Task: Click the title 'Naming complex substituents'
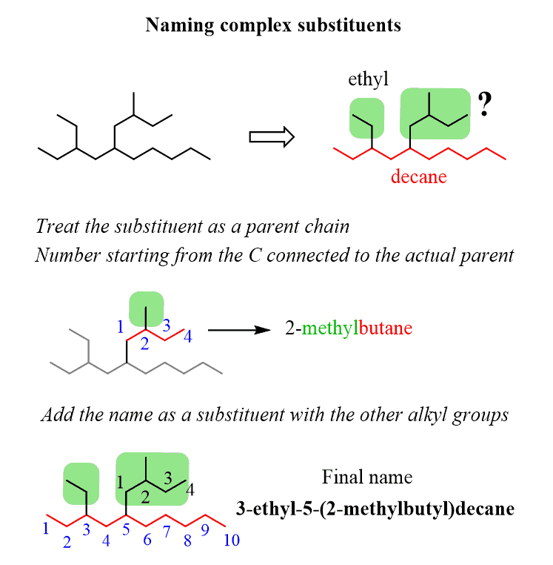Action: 273,25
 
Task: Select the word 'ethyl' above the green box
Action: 368,79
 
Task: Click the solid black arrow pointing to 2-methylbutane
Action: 238,328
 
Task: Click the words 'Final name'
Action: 367,477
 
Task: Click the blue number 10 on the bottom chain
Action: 231,541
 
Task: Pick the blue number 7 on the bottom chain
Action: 167,532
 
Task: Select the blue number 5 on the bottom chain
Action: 126,529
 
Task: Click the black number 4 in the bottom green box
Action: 190,489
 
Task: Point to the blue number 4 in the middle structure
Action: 188,337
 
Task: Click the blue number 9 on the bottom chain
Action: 207,532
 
